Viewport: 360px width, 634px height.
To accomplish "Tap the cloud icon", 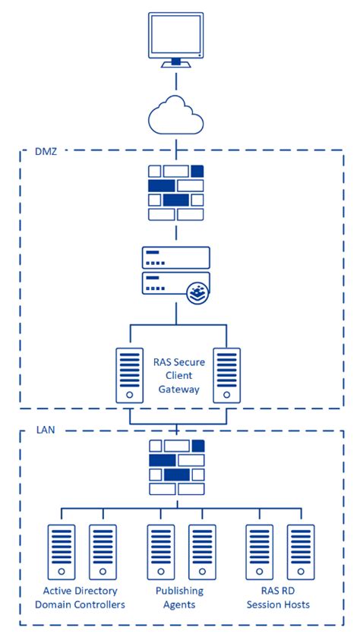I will tap(176, 116).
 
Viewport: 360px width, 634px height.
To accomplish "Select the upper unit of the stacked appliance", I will tap(175, 257).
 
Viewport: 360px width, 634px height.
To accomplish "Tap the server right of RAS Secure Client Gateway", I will tap(226, 375).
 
